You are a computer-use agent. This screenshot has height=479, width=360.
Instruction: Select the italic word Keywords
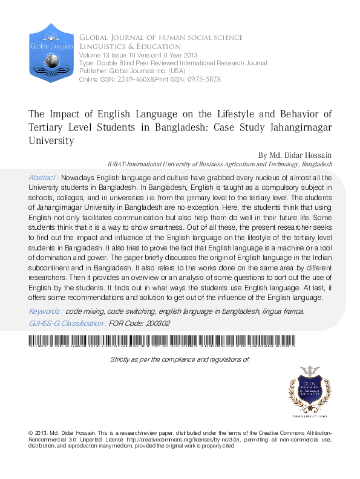point(45,311)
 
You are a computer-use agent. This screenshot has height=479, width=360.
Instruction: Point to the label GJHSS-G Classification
point(67,323)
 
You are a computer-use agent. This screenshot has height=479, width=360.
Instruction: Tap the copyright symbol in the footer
point(31,434)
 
